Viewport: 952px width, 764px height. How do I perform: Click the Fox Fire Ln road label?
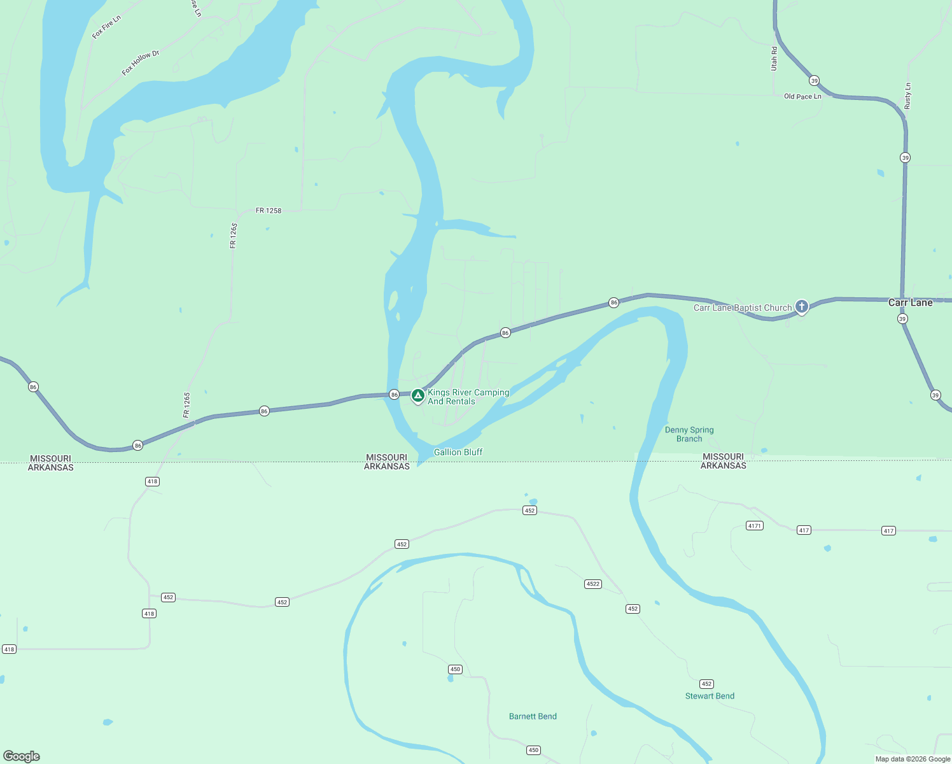tap(106, 27)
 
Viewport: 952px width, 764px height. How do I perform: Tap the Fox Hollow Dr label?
tap(140, 63)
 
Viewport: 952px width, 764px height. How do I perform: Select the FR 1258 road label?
tap(269, 211)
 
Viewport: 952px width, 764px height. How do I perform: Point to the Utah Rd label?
tap(774, 59)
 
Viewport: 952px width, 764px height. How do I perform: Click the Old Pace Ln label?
tap(802, 97)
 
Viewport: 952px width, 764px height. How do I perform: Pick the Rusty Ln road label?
tap(907, 95)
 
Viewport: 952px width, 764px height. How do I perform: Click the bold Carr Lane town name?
tap(910, 303)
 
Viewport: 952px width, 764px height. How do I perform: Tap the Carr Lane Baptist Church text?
tap(743, 308)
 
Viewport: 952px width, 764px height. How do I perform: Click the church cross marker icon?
tap(802, 307)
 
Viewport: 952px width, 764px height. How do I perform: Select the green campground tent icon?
tap(417, 396)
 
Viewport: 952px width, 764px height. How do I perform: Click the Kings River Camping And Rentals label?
tap(468, 397)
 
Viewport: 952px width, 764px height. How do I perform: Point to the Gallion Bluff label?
tap(458, 452)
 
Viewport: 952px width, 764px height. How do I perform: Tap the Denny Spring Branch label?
tap(689, 434)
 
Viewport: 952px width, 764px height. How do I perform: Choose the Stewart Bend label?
tap(710, 696)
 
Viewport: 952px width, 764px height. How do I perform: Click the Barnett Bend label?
tap(533, 716)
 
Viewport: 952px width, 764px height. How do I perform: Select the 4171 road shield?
tap(754, 526)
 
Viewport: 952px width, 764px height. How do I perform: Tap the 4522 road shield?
tap(592, 584)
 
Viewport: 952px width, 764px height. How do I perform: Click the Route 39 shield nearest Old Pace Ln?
tap(814, 81)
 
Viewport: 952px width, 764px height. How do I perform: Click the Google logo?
tap(22, 756)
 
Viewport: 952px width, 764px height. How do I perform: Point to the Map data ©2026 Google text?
tap(913, 759)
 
